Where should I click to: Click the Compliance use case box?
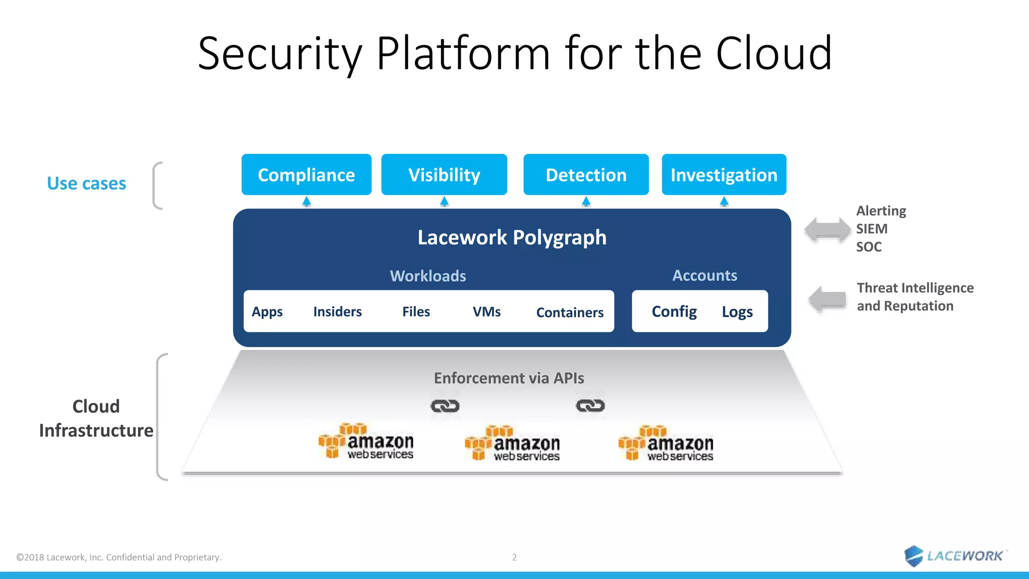tap(306, 175)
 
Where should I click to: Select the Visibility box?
tap(444, 175)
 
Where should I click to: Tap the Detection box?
tap(586, 175)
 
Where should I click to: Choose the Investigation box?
tap(724, 175)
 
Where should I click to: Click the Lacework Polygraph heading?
tap(511, 237)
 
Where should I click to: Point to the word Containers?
tap(570, 313)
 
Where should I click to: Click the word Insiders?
tap(337, 312)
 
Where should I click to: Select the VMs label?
tap(486, 312)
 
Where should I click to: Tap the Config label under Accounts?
tap(674, 312)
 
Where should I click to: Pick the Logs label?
tap(737, 312)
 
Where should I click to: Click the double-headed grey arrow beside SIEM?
tap(828, 230)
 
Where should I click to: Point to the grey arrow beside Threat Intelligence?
tap(828, 299)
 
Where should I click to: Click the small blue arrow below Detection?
tap(586, 202)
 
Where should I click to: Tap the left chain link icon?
tap(445, 406)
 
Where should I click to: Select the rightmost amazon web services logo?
tap(666, 443)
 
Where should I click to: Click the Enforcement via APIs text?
tap(508, 378)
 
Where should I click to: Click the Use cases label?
tap(86, 183)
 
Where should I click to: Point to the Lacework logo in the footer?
tap(955, 555)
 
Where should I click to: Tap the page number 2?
tap(514, 557)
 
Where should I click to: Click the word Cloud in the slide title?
tap(774, 53)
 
